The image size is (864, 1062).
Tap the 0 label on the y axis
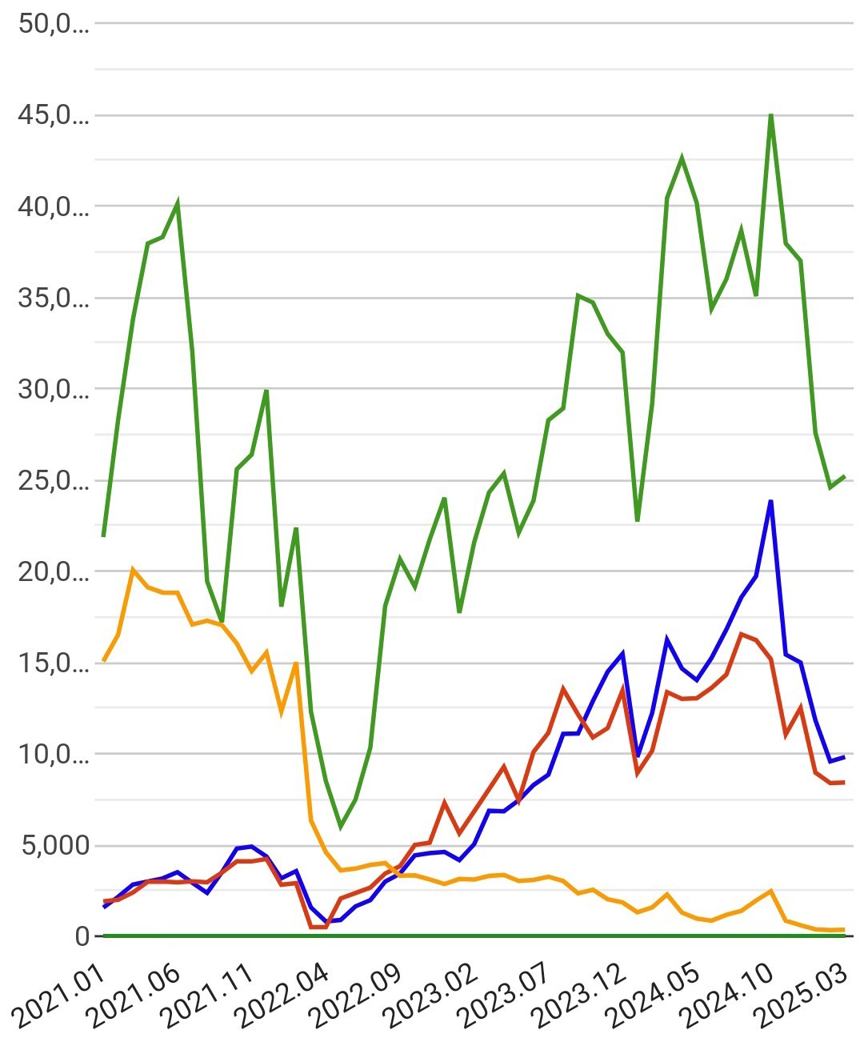82,936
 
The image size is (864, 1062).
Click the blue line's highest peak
770,501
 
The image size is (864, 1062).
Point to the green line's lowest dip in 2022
341,827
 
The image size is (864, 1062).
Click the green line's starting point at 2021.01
104,535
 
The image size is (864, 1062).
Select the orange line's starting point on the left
104,661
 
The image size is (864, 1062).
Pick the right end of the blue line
844,756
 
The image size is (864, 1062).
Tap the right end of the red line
844,782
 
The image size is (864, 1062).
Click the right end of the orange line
844,929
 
